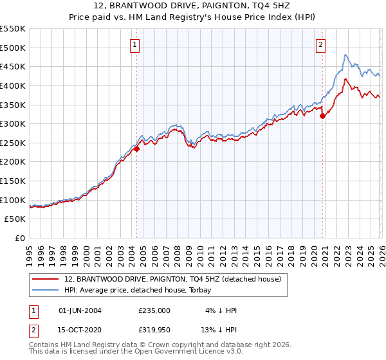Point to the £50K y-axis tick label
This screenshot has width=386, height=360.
pos(15,219)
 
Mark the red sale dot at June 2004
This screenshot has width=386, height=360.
pos(137,148)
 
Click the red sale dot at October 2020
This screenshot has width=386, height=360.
pos(322,116)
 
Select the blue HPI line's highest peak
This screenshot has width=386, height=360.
pos(345,55)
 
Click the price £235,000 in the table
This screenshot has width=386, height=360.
pos(154,310)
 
